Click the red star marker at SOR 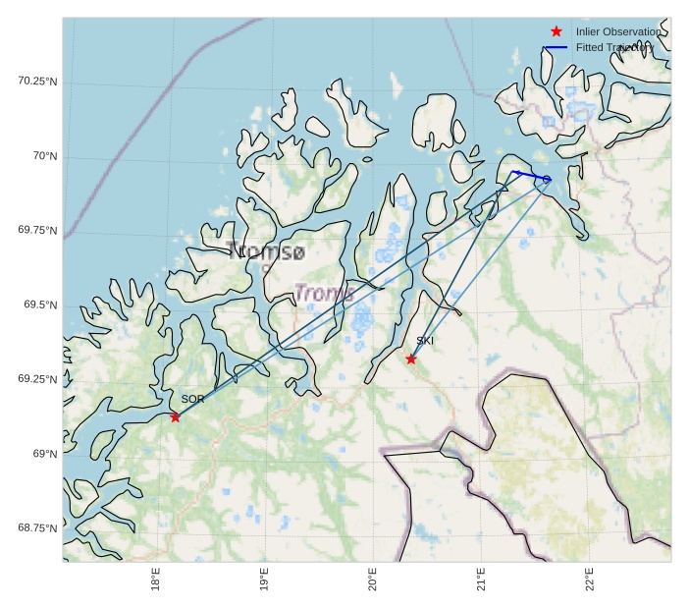coord(176,417)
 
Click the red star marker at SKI coord(411,360)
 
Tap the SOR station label coord(192,400)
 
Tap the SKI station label coord(425,341)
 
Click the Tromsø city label coord(265,252)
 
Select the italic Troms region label coord(325,293)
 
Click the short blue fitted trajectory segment coord(530,176)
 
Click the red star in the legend coord(556,32)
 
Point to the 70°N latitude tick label coord(44,156)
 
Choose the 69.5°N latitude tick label coord(40,304)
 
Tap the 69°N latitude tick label coord(44,454)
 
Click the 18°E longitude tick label coord(156,581)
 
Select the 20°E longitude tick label coord(373,581)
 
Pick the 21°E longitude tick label coord(481,581)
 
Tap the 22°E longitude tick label coord(589,581)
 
